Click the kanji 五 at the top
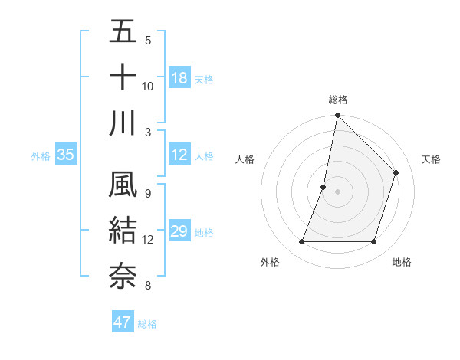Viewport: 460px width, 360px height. point(123,32)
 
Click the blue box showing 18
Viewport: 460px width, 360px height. point(179,78)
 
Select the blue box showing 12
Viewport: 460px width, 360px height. point(179,155)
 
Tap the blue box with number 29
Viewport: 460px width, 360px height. point(179,231)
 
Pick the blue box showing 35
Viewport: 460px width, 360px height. point(65,155)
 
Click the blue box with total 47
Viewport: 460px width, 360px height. point(123,322)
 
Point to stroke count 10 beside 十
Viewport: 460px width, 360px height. point(148,86)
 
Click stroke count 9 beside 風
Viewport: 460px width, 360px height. point(147,193)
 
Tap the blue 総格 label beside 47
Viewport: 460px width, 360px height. point(147,324)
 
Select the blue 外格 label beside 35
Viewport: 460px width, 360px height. point(41,156)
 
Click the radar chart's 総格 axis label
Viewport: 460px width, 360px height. point(337,100)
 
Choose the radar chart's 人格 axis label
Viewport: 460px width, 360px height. point(245,159)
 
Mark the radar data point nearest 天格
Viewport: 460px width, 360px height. point(396,172)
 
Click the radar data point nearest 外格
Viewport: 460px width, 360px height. point(301,242)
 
